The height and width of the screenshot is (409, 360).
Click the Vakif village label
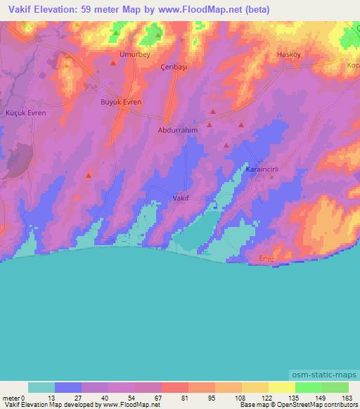tap(180, 199)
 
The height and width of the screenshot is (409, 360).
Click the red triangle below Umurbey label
tap(113, 64)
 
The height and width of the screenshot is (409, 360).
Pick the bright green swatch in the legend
tap(309, 387)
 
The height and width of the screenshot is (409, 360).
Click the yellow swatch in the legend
tap(282, 387)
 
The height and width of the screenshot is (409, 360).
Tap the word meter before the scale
tap(11, 398)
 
